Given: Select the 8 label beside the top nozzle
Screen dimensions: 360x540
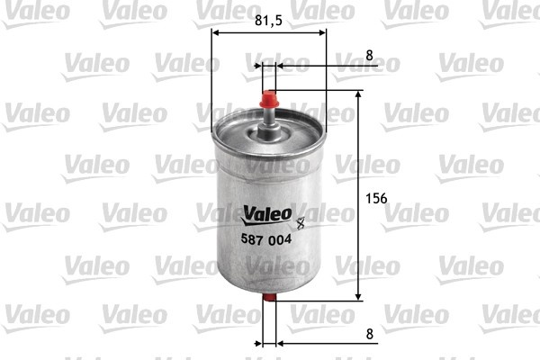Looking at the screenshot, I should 369,55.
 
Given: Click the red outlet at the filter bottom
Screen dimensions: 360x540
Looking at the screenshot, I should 268,309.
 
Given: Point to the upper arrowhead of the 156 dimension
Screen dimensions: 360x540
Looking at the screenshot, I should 359,95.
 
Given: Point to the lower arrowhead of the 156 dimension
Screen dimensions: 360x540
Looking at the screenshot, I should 359,296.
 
